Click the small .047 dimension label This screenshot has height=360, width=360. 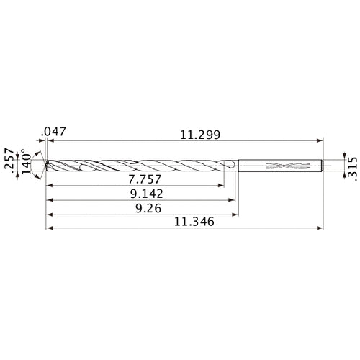(x=54, y=132)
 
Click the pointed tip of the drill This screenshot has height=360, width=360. (x=45, y=165)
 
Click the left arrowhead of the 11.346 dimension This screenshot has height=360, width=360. (x=48, y=230)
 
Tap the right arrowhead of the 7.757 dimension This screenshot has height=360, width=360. (x=221, y=184)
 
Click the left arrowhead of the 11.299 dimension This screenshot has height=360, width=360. (x=50, y=140)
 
